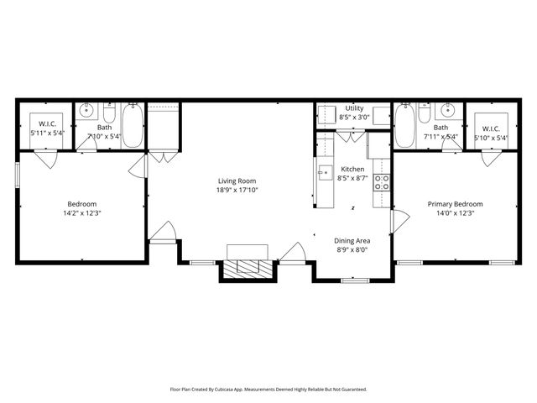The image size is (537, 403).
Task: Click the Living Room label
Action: click(x=237, y=181)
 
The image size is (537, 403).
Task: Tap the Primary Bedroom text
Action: click(x=455, y=204)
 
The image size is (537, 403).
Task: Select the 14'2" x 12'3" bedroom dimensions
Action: click(x=82, y=213)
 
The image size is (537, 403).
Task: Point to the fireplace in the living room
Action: click(x=248, y=266)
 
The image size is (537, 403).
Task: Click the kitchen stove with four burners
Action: click(x=381, y=182)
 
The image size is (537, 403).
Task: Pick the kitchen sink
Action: click(x=324, y=175)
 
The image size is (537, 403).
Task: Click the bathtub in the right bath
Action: click(x=404, y=125)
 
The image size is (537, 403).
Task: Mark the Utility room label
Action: click(x=354, y=109)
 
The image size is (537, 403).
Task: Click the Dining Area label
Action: click(x=352, y=239)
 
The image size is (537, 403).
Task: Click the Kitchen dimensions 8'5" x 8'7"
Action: click(x=352, y=178)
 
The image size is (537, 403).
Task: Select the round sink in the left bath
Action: click(x=86, y=110)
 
